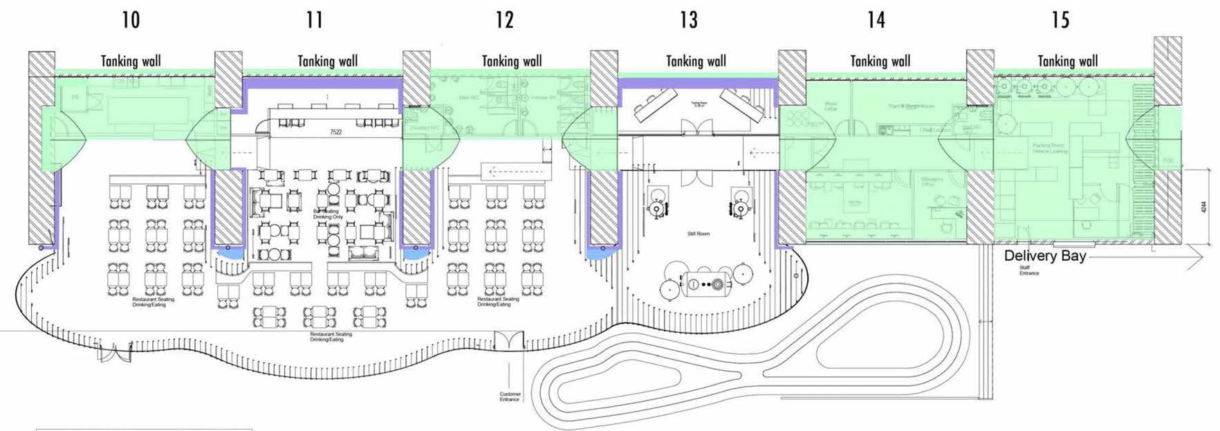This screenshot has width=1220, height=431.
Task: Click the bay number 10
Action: (131, 19)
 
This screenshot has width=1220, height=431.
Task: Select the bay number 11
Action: (315, 19)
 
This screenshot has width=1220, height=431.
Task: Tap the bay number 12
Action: (505, 19)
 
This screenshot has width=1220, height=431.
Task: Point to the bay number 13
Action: (689, 19)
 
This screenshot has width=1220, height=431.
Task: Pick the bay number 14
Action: (876, 19)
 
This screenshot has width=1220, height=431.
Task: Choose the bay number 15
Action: (1061, 19)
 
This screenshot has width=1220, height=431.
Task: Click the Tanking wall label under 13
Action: (696, 61)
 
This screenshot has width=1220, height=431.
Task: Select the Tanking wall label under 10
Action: (131, 61)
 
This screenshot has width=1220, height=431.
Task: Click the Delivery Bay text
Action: (1045, 256)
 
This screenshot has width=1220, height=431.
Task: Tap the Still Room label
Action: (699, 234)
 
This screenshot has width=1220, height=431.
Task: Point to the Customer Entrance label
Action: (510, 397)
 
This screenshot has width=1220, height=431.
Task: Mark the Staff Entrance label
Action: (1029, 270)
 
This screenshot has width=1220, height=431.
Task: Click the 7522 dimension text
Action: (335, 131)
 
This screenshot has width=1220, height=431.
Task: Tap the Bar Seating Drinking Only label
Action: (328, 214)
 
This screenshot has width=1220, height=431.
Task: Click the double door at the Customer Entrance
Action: (509, 340)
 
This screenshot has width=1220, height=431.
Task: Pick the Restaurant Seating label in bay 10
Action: (154, 302)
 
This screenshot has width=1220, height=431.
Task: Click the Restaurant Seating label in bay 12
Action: (498, 302)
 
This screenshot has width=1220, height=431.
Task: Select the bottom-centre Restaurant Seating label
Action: (331, 337)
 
